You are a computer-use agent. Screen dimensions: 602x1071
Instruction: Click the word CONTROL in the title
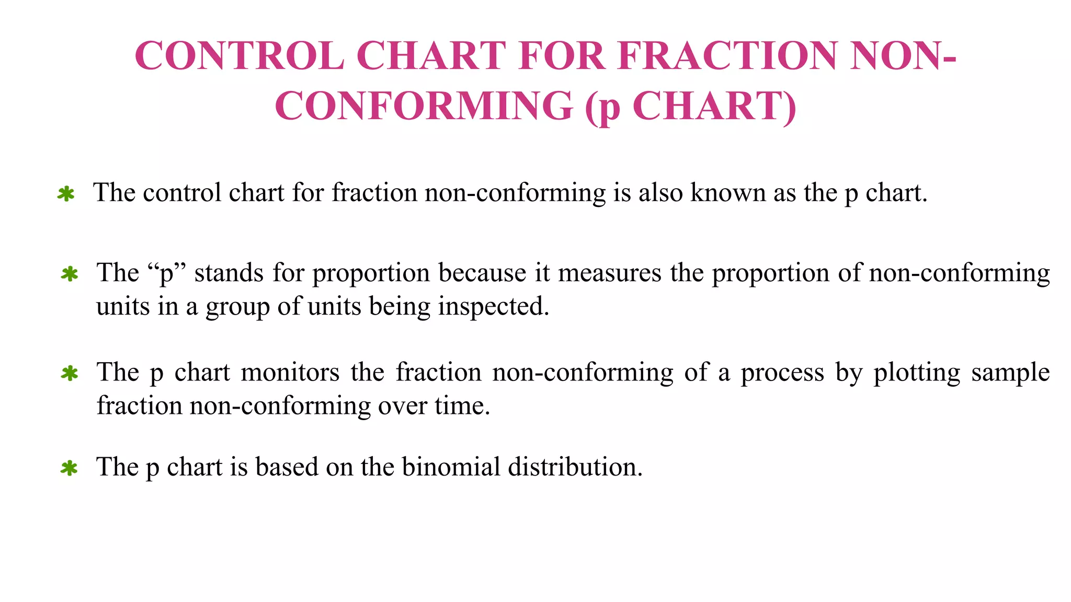pyautogui.click(x=240, y=55)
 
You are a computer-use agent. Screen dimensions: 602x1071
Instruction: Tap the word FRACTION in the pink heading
pyautogui.click(x=727, y=55)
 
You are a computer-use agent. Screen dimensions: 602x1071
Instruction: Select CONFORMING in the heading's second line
pyautogui.click(x=424, y=106)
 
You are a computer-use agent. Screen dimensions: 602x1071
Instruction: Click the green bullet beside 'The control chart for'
pyautogui.click(x=66, y=194)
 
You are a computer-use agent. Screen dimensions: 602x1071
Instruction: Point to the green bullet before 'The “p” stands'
pyautogui.click(x=70, y=274)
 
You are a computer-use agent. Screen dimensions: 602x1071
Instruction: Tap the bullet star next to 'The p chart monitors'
pyautogui.click(x=70, y=373)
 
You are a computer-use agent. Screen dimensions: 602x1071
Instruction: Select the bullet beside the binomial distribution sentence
pyautogui.click(x=69, y=468)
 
